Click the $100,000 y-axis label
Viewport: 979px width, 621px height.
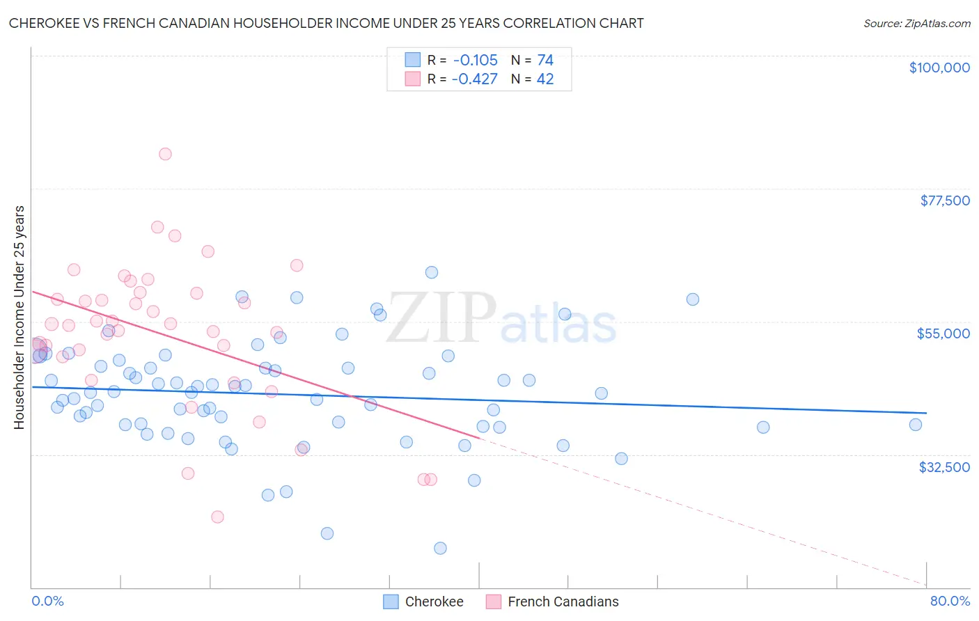tap(939, 68)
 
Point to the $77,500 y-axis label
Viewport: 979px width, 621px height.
tap(945, 201)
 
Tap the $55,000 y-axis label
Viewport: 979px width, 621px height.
tap(943, 333)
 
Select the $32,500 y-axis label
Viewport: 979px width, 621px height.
tap(944, 467)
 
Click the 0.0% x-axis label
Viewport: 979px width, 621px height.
tap(47, 601)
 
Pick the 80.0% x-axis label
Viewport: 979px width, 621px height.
tap(950, 601)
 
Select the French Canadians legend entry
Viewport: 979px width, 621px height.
tap(552, 602)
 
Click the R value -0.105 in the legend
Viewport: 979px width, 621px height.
tap(475, 61)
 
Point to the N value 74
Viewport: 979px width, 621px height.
tap(545, 61)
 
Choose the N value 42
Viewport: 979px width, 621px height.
tap(545, 79)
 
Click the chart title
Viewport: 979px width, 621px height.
tap(326, 23)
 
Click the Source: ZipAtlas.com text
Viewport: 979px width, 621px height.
tap(917, 23)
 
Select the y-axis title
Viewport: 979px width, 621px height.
tap(19, 317)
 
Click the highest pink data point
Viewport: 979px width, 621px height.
tap(165, 154)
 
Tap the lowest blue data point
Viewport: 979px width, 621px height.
tap(440, 548)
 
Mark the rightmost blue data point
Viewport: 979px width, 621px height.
tap(916, 425)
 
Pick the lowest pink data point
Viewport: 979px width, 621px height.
tap(217, 517)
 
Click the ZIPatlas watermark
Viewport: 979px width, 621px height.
tap(501, 319)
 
